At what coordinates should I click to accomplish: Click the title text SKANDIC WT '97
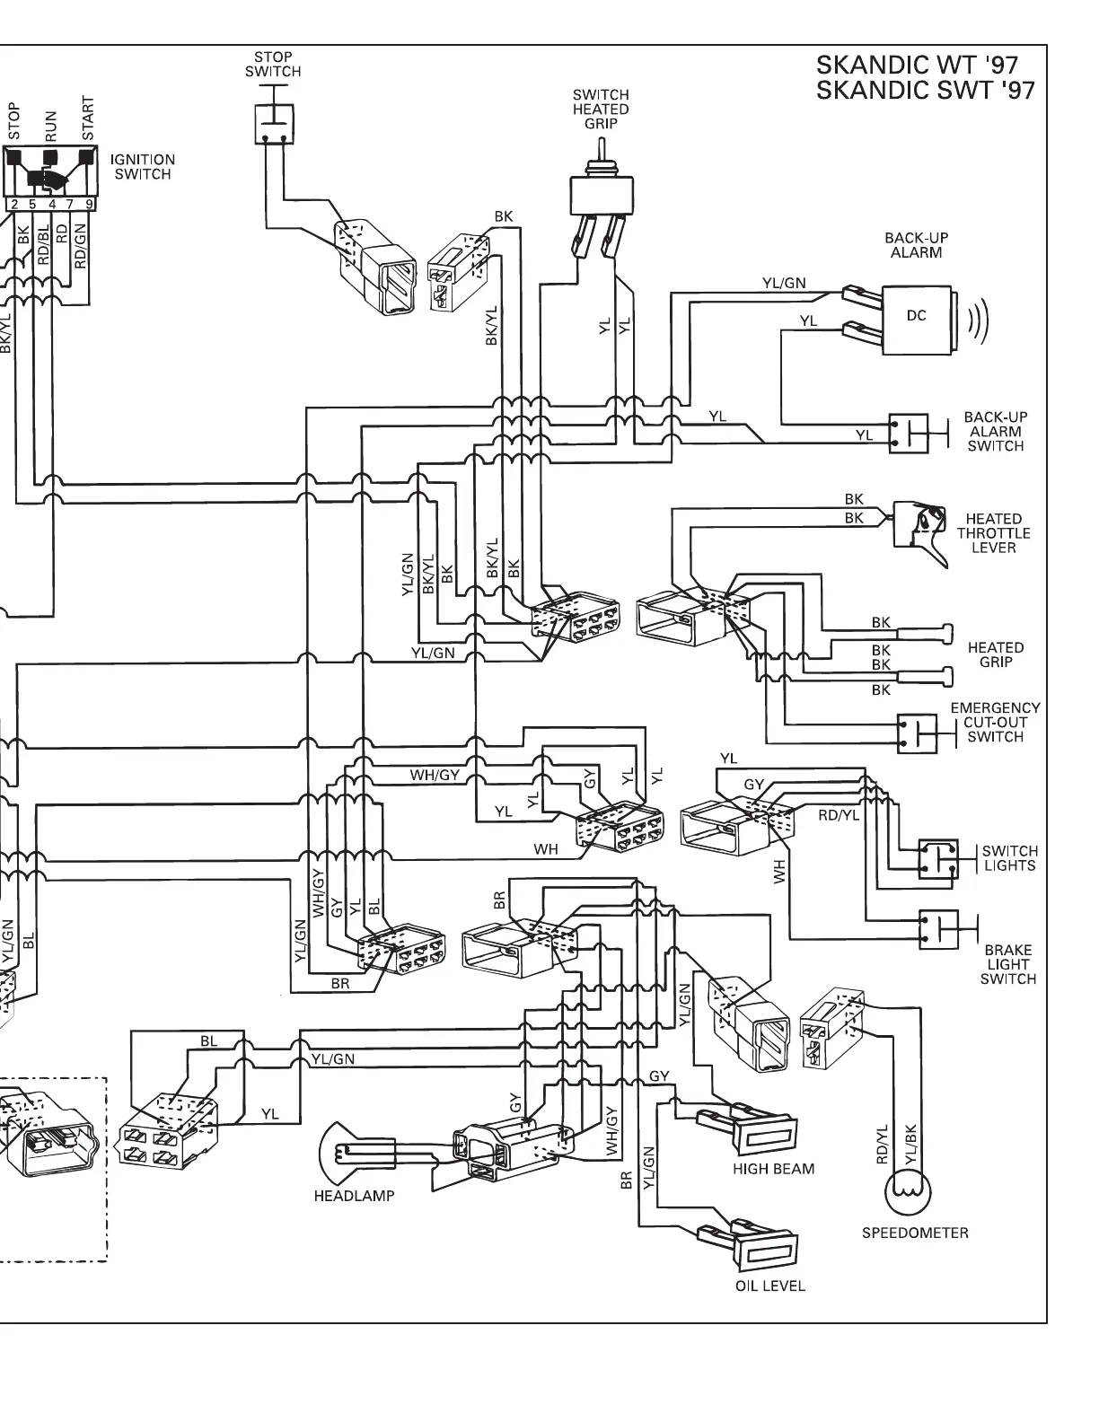tap(917, 66)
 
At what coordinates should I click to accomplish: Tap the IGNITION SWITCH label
tap(143, 166)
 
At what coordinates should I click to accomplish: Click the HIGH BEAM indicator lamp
tap(764, 1134)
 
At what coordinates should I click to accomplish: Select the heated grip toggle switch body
tap(601, 196)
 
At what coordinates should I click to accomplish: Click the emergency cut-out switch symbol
tap(917, 733)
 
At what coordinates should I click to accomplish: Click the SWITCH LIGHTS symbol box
tap(938, 859)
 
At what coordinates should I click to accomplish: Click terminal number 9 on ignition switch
tap(88, 204)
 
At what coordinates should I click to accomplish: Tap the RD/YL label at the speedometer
tap(882, 1145)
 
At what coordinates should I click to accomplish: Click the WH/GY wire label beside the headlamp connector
tap(612, 1129)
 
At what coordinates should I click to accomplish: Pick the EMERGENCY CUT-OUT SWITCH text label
tap(995, 723)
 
